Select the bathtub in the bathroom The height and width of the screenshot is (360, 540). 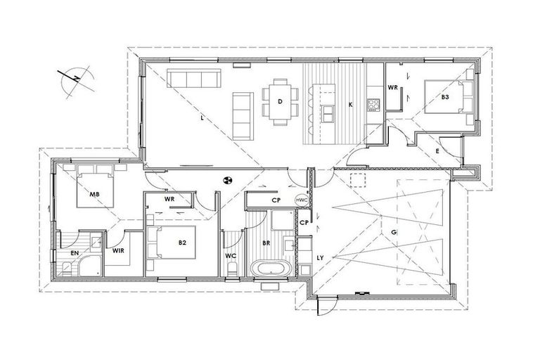(270, 269)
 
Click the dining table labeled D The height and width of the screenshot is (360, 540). (280, 102)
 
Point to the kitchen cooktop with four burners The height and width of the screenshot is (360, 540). (373, 105)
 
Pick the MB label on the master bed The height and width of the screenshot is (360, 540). (94, 195)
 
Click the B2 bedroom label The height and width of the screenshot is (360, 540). (182, 243)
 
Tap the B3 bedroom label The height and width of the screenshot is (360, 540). (445, 97)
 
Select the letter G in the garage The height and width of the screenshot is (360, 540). (394, 232)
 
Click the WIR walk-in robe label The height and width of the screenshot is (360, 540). (118, 251)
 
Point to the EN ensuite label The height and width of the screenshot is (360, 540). (75, 253)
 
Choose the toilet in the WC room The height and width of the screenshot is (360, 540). (233, 269)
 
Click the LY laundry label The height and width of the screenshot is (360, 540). (321, 257)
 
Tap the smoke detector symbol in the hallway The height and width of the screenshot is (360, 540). (227, 179)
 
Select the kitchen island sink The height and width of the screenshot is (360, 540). (328, 114)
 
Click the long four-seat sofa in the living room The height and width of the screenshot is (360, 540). (194, 78)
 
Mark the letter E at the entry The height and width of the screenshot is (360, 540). (437, 151)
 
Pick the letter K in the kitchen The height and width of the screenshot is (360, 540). (350, 105)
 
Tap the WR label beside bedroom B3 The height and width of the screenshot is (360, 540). (393, 87)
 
